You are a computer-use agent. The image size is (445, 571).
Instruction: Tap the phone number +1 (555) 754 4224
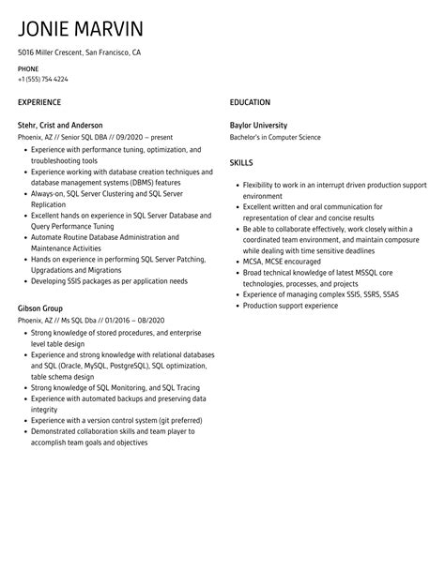pos(43,79)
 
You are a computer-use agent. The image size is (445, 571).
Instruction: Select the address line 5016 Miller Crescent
pos(80,53)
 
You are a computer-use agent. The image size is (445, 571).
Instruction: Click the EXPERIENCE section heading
pos(39,101)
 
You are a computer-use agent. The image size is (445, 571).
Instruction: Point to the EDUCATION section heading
pos(250,101)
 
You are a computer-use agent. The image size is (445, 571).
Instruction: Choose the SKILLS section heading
pos(242,163)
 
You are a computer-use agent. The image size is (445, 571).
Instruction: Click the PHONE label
pos(28,69)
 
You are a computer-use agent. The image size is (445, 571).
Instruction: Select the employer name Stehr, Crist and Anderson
pos(60,125)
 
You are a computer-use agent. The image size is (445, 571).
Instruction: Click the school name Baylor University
pos(258,125)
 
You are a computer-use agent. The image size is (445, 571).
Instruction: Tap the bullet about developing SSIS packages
pos(109,280)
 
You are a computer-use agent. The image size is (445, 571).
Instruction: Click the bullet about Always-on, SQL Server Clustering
pos(108,193)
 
